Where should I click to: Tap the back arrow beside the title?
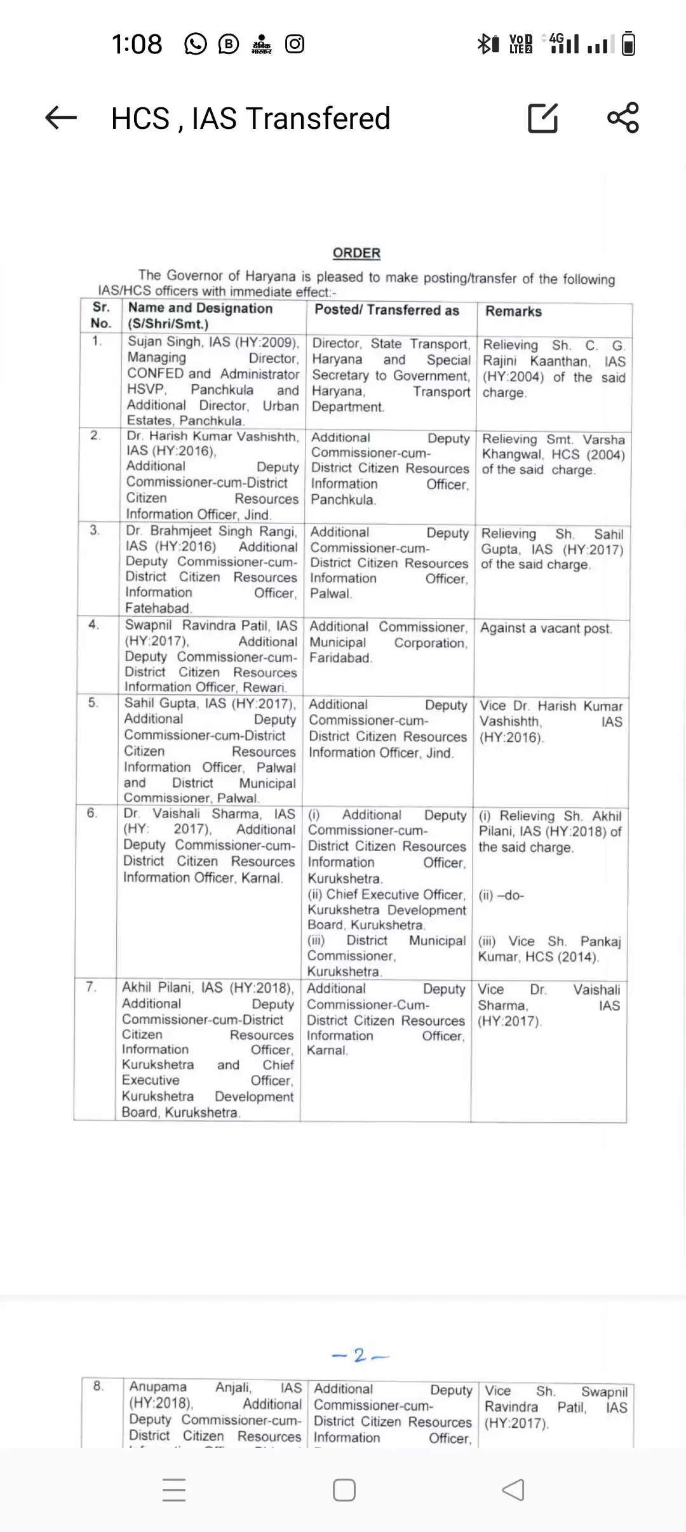tap(61, 118)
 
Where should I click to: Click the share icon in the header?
tap(622, 118)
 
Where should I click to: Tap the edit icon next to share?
tap(543, 118)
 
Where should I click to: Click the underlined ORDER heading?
tap(356, 253)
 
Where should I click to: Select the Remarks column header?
tap(513, 311)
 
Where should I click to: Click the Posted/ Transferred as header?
tap(387, 310)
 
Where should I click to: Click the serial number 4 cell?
tap(93, 625)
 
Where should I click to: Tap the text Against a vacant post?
tap(546, 628)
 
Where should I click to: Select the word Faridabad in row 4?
tap(340, 658)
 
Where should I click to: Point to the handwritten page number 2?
tap(360, 1355)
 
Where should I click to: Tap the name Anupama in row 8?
tap(158, 1387)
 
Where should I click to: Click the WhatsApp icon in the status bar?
tap(195, 44)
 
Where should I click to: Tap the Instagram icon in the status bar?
tap(295, 44)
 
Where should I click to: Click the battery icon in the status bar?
tap(628, 44)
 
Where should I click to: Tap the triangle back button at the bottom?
tap(513, 1490)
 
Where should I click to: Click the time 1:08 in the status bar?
tap(137, 44)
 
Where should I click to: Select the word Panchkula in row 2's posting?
tap(343, 499)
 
